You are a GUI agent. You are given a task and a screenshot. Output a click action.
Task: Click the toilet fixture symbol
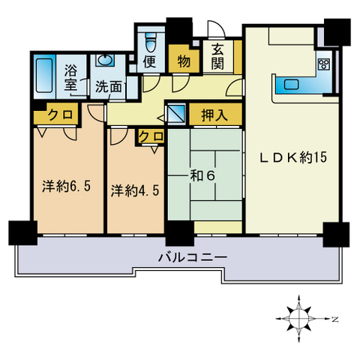click(151, 42)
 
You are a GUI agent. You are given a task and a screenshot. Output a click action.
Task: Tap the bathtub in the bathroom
click(44, 76)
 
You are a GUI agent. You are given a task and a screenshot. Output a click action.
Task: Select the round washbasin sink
click(105, 61)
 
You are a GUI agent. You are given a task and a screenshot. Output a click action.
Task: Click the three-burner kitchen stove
click(324, 64)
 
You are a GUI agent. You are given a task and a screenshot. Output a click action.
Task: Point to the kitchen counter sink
click(292, 84)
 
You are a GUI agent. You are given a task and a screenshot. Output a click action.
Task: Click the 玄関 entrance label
click(217, 57)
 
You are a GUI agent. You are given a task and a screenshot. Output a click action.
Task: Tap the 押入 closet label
click(214, 115)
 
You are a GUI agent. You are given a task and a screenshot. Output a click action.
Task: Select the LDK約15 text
click(293, 157)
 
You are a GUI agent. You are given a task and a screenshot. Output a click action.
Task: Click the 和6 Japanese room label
click(202, 176)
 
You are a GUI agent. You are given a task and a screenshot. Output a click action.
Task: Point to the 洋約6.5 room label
click(66, 186)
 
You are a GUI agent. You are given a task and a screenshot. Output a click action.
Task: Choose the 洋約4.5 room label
click(135, 190)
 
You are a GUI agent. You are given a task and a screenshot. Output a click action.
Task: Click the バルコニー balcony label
click(193, 257)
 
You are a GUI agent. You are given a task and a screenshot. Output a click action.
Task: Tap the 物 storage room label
click(184, 61)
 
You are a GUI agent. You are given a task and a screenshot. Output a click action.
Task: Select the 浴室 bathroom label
click(70, 78)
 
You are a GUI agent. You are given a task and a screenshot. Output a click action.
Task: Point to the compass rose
click(299, 319)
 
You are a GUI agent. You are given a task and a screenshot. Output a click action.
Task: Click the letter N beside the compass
click(335, 319)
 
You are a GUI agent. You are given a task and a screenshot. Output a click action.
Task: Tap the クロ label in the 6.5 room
click(60, 115)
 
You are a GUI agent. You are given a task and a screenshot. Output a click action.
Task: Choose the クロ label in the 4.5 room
click(151, 136)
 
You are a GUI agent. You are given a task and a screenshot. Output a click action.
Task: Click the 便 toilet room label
click(150, 61)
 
